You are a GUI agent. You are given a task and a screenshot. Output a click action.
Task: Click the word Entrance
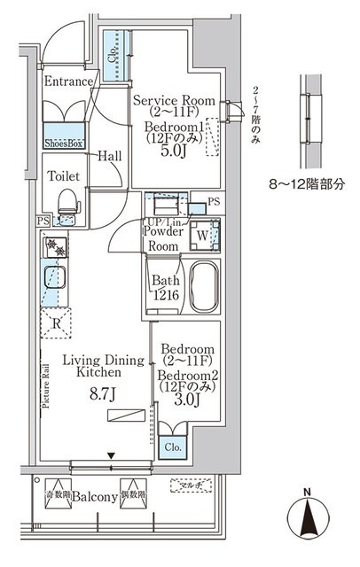69,82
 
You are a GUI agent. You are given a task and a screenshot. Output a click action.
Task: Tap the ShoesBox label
64,141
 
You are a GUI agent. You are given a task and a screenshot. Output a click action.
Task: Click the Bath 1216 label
165,290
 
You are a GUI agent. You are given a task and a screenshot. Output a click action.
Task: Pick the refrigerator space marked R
57,323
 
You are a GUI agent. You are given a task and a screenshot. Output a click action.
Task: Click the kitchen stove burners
53,249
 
